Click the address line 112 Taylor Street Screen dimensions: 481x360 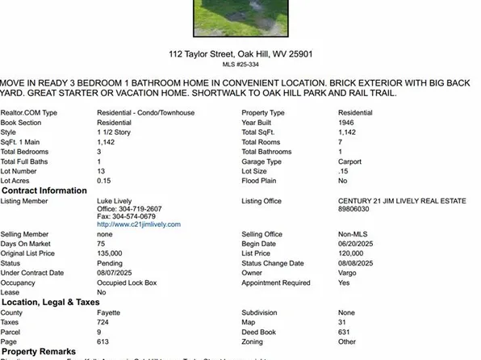[x=240, y=54]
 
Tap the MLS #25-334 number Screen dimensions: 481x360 [x=240, y=65]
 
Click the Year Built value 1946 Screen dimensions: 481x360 [x=347, y=122]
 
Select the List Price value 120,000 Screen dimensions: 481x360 [x=352, y=253]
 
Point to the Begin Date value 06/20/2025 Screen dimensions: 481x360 [x=357, y=243]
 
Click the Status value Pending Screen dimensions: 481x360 [x=110, y=263]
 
